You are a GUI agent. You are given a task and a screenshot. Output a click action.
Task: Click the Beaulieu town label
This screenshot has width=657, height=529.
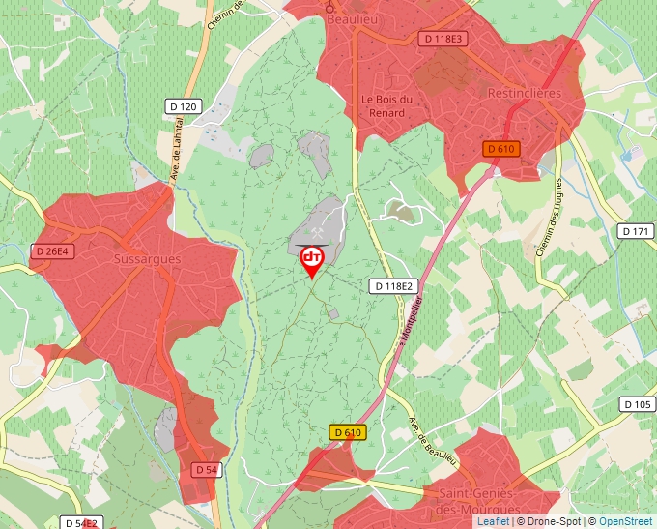352,18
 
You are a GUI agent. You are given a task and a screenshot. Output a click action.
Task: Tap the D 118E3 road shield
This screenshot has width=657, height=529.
443,39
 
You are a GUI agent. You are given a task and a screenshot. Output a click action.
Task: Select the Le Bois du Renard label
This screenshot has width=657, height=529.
387,105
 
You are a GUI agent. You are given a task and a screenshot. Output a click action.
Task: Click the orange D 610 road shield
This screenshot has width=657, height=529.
501,149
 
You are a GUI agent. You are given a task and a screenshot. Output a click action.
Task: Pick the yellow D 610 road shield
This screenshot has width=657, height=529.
348,432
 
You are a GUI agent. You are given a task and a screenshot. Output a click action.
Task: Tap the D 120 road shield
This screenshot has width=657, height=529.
182,106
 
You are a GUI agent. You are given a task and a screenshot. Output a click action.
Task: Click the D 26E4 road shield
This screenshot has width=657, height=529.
52,251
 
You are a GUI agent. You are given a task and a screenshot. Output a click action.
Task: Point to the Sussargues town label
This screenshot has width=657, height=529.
147,260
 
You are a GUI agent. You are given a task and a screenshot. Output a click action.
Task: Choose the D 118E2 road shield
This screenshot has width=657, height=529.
393,286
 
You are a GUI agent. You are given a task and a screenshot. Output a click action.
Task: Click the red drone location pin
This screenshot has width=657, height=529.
312,258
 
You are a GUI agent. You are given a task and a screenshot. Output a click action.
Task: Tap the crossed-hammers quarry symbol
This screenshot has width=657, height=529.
319,232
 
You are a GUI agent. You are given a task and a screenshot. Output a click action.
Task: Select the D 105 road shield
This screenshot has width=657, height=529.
638,404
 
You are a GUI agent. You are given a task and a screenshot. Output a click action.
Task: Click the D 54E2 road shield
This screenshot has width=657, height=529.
81,523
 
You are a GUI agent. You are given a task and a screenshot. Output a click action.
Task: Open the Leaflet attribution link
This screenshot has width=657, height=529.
493,521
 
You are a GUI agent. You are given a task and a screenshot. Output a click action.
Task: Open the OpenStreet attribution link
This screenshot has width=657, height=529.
625,521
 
